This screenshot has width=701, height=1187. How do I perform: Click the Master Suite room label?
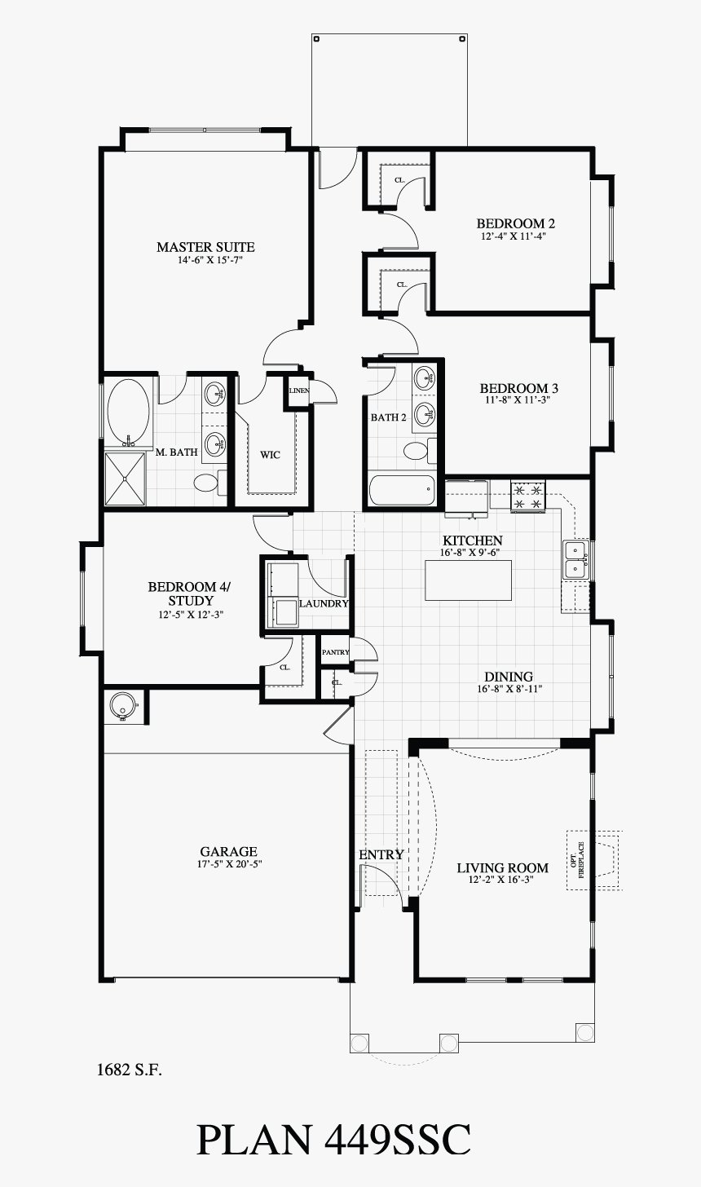coord(205,247)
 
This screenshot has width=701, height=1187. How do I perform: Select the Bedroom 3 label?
coord(518,388)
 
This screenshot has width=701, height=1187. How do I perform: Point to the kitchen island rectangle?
coord(468,580)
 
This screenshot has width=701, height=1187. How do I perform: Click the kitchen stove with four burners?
coord(527,497)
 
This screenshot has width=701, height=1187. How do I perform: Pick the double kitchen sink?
coord(576,559)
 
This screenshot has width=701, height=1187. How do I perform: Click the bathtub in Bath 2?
coord(402,491)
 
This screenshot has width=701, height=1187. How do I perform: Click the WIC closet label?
coord(270,454)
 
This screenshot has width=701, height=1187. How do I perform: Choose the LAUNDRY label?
coord(324,604)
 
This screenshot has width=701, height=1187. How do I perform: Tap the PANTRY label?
coord(335,652)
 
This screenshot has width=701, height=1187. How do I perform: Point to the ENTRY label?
coord(381,854)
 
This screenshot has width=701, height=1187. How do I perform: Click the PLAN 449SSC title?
coord(333,1139)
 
